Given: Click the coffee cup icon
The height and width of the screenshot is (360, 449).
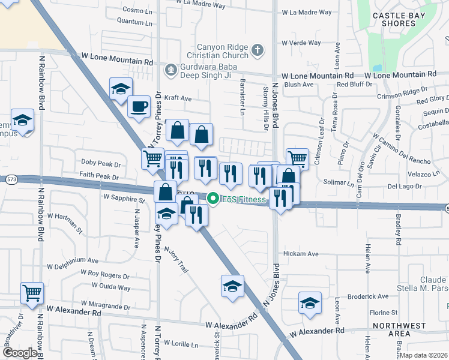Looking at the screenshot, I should pyautogui.click(x=139, y=106).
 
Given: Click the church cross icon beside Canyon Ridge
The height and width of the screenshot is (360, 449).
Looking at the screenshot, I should pyautogui.click(x=258, y=50).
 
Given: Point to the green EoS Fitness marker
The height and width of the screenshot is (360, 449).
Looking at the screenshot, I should pyautogui.click(x=212, y=199).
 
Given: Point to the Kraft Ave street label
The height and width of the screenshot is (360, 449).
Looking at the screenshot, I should pyautogui.click(x=178, y=98).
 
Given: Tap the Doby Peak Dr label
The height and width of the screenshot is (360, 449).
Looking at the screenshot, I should pyautogui.click(x=101, y=163).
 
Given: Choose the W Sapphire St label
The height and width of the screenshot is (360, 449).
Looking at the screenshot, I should pyautogui.click(x=124, y=197).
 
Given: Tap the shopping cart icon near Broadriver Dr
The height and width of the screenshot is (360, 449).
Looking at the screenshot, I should pyautogui.click(x=32, y=293).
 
